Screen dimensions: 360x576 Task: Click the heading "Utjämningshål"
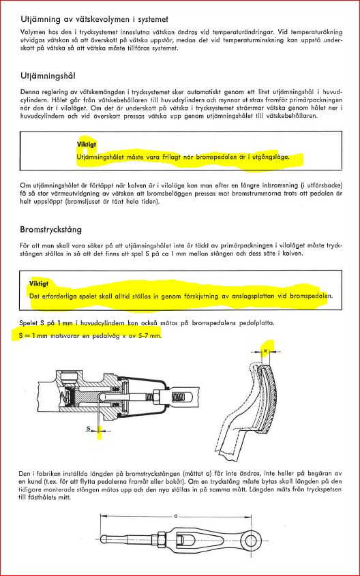click(x=48, y=76)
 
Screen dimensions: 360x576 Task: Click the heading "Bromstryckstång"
click(x=50, y=230)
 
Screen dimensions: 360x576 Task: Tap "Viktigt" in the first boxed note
click(x=87, y=145)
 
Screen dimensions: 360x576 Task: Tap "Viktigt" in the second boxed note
click(x=39, y=283)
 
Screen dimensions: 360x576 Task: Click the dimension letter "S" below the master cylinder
click(x=89, y=428)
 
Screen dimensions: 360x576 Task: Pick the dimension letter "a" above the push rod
click(x=176, y=516)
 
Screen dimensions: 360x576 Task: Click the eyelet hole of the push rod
click(x=252, y=540)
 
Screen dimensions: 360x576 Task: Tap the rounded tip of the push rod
click(x=104, y=539)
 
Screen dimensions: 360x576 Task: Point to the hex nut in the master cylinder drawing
click(x=154, y=395)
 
